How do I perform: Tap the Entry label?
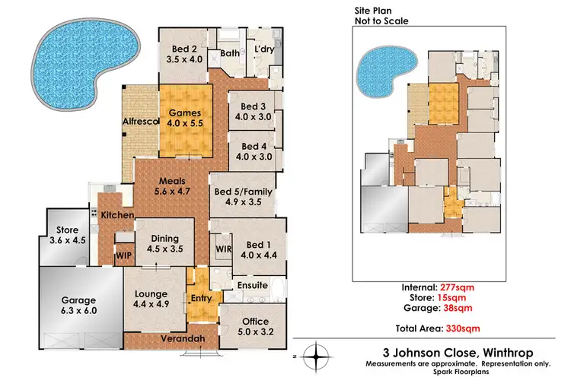click(x=202, y=297)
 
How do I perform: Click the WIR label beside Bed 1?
click(x=224, y=248)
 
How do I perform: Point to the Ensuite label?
click(x=253, y=285)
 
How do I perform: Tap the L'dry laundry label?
click(x=264, y=51)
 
